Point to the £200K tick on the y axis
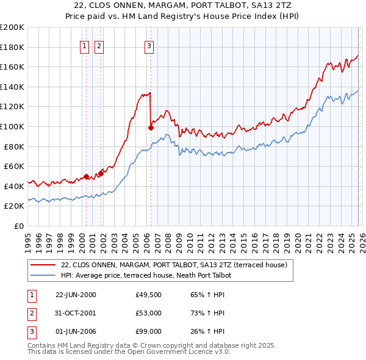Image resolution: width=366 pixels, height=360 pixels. point(12,27)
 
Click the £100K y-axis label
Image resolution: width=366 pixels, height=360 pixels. point(12,126)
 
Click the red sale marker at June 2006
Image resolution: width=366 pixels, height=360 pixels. point(150,128)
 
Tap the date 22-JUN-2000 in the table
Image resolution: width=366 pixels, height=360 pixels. point(76,295)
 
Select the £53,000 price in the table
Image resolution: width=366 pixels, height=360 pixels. point(148,313)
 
